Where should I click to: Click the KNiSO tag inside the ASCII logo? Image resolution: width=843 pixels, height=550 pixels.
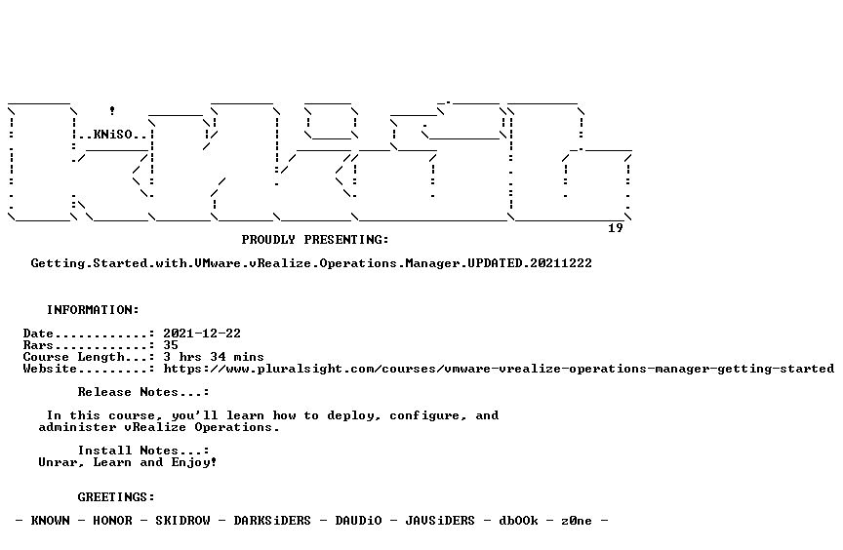point(113,134)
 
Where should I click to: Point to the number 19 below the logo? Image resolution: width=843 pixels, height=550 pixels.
point(616,228)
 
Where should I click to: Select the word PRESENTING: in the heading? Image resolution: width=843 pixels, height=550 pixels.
point(346,240)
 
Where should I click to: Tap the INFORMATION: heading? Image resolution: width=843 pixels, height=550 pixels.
point(93,310)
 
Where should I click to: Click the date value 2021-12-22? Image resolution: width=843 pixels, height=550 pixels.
point(202,334)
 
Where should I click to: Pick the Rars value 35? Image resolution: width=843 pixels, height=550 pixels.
point(171,345)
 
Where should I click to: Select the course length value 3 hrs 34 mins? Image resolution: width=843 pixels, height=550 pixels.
point(214,357)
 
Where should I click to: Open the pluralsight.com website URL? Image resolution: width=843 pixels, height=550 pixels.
point(499,369)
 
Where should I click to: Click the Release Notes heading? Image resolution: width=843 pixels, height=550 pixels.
point(143,392)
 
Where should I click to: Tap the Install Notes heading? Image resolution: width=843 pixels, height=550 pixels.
point(143,451)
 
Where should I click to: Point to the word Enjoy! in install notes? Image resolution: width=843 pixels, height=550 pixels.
point(194,462)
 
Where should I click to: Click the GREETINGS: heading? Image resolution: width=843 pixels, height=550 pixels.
point(116,497)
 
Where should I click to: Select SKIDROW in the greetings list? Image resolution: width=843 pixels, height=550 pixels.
point(182,521)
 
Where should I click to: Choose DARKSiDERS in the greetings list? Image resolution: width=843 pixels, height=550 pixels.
point(272,521)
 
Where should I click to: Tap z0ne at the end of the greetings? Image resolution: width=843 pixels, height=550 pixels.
point(577,521)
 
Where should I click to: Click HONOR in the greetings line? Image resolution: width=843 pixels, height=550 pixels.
point(112,521)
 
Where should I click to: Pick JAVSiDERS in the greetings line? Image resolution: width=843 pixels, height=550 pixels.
point(440,521)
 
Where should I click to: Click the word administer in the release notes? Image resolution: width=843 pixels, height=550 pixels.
point(77,427)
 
